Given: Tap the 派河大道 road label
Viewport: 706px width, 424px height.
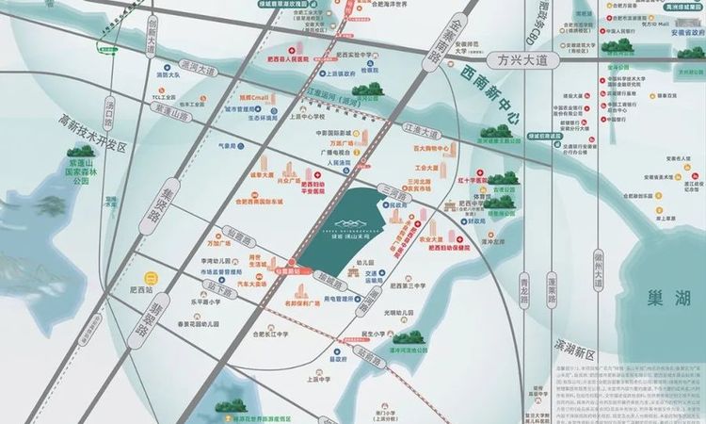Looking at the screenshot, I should (198, 70).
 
